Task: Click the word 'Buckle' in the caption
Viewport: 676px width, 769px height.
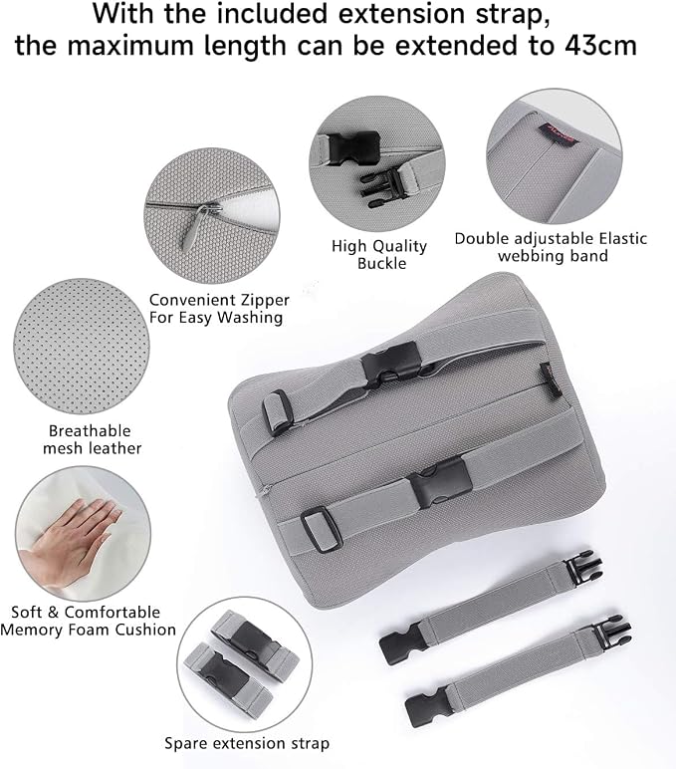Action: tap(382, 263)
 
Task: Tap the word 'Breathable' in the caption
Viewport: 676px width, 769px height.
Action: tap(90, 431)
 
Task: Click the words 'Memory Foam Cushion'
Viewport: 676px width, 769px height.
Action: tap(89, 630)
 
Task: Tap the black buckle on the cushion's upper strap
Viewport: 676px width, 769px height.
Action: tap(391, 362)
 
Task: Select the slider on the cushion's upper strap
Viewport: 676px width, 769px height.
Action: tap(276, 411)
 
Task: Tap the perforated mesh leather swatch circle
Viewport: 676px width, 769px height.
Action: tap(82, 348)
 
